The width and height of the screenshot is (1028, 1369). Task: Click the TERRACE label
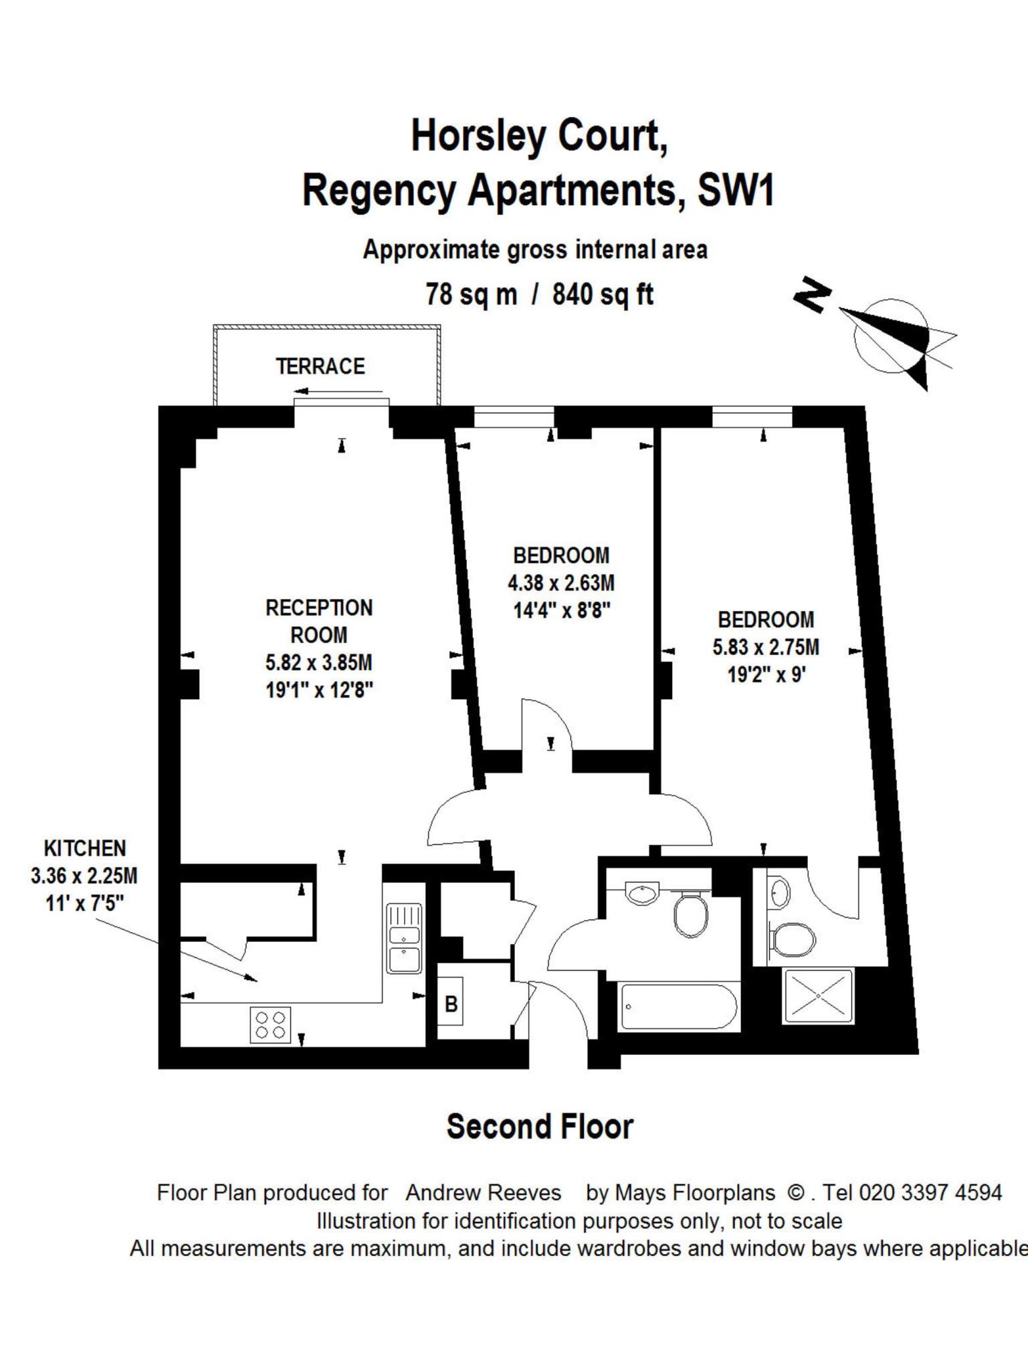(320, 366)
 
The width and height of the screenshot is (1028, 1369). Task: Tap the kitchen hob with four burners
(271, 1025)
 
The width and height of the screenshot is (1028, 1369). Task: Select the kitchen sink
(405, 939)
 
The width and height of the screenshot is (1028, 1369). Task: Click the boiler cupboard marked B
(451, 1004)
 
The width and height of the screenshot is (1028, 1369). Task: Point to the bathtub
(678, 1007)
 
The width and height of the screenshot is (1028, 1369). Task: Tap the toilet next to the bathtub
(691, 915)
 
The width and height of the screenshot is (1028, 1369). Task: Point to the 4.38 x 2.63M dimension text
(560, 583)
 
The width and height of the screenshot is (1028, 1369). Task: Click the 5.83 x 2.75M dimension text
(765, 647)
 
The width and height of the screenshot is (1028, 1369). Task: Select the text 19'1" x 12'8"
(319, 690)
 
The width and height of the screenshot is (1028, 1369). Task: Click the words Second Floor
(539, 1126)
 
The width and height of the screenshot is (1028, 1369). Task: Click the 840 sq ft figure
(602, 294)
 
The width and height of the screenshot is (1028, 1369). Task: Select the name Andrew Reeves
(483, 1193)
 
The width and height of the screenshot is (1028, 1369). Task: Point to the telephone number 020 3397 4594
(930, 1193)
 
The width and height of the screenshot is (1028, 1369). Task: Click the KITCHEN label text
(85, 848)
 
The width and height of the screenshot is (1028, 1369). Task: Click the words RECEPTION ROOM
(319, 621)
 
